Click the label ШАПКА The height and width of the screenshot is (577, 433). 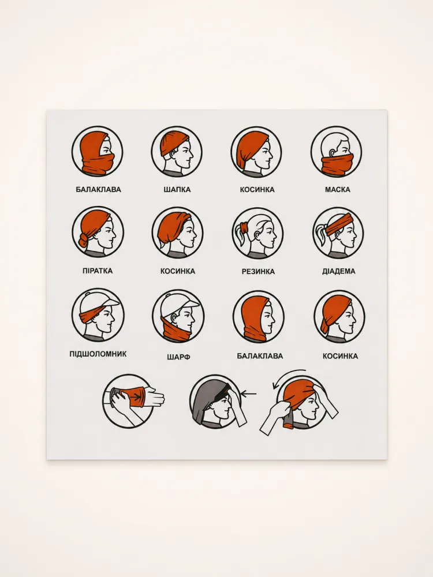click(x=177, y=189)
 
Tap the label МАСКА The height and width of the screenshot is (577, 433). click(x=337, y=189)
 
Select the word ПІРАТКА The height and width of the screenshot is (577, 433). click(x=98, y=271)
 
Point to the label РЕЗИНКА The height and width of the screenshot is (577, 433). click(x=258, y=272)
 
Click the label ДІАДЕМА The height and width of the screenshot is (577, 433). click(x=339, y=271)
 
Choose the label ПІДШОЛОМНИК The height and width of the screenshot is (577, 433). click(x=98, y=354)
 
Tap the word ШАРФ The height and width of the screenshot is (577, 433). click(x=178, y=357)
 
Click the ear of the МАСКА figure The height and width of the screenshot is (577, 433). click(x=333, y=151)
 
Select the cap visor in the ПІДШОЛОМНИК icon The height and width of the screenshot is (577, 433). click(x=111, y=302)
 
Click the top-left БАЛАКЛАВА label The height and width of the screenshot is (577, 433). click(x=98, y=189)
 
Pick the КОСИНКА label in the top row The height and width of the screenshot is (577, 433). click(x=257, y=189)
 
